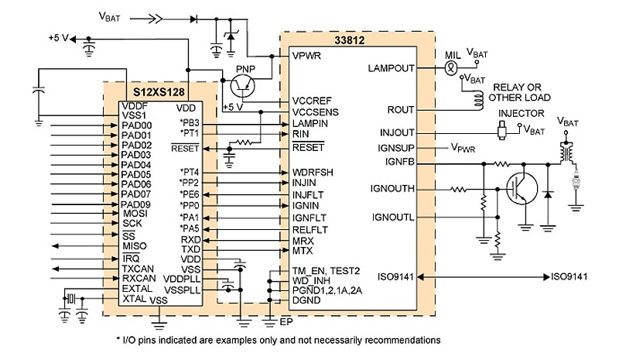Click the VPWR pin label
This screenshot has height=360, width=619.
click(307, 57)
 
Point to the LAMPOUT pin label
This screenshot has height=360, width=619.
click(391, 68)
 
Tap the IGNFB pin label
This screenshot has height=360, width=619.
click(400, 161)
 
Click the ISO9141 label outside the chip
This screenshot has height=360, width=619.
click(572, 276)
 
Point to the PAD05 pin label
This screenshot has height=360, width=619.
click(137, 175)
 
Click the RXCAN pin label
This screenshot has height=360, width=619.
click(140, 278)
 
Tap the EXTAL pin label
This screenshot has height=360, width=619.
click(138, 288)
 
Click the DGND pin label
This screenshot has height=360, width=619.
click(306, 300)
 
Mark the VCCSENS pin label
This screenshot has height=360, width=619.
click(313, 111)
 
